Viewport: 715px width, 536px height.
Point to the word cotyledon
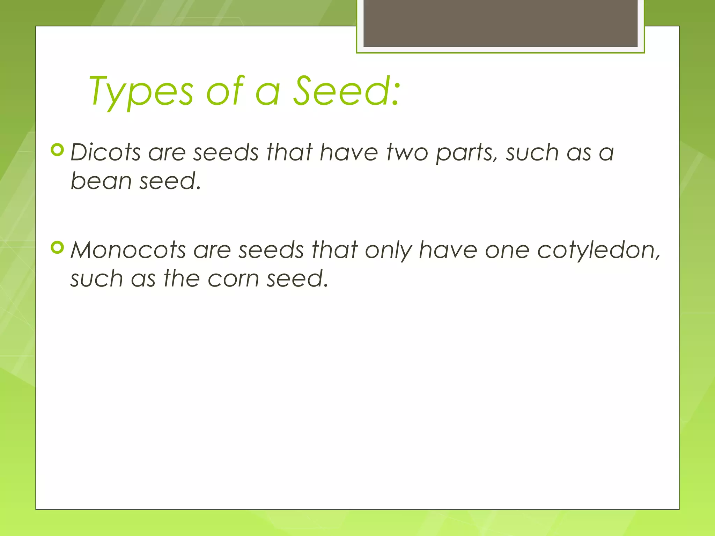tap(598, 251)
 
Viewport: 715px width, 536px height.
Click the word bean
tap(101, 181)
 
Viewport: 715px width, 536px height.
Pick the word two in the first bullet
tap(407, 153)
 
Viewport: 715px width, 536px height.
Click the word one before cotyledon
tap(507, 251)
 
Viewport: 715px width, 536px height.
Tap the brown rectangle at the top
tap(500, 23)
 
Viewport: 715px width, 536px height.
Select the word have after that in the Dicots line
tap(349, 153)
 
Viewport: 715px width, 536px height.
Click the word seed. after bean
tap(170, 181)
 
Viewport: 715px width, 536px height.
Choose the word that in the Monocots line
tap(334, 251)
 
